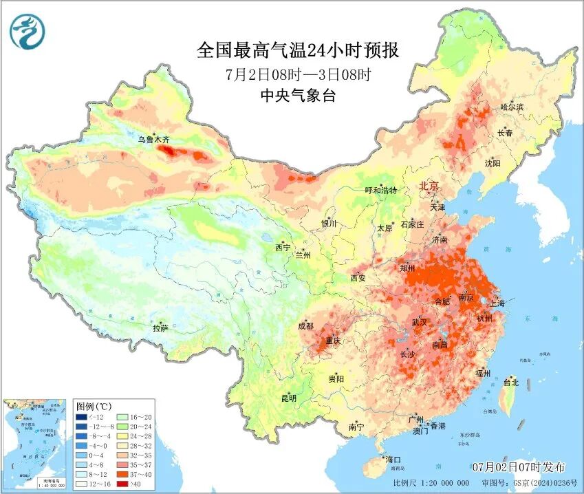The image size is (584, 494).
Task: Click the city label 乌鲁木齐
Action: pyautogui.click(x=153, y=140)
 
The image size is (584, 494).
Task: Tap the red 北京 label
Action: pyautogui.click(x=429, y=186)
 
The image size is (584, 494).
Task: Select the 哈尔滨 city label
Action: pyautogui.click(x=512, y=107)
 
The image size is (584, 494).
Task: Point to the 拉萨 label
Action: pyautogui.click(x=160, y=329)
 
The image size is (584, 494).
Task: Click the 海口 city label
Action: pyautogui.click(x=393, y=460)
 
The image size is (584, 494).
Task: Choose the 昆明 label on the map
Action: pyautogui.click(x=288, y=398)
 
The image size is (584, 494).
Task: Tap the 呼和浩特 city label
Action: pyautogui.click(x=380, y=191)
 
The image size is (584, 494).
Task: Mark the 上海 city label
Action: pyautogui.click(x=497, y=303)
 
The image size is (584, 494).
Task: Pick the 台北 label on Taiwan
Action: pyautogui.click(x=510, y=383)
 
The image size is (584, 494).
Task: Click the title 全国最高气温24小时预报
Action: pyautogui.click(x=298, y=50)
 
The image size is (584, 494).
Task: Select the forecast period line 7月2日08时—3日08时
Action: pyautogui.click(x=298, y=74)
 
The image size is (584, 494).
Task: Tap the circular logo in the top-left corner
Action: pyautogui.click(x=27, y=30)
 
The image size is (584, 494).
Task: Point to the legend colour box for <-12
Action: pyautogui.click(x=82, y=417)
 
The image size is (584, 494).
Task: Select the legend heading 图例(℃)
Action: pyautogui.click(x=94, y=406)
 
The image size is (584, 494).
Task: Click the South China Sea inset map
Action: pyautogui.click(x=36, y=444)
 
